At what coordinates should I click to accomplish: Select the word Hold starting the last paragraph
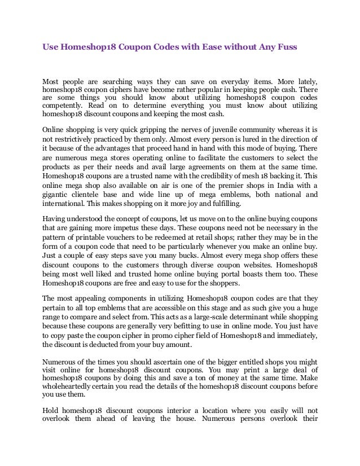51,411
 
